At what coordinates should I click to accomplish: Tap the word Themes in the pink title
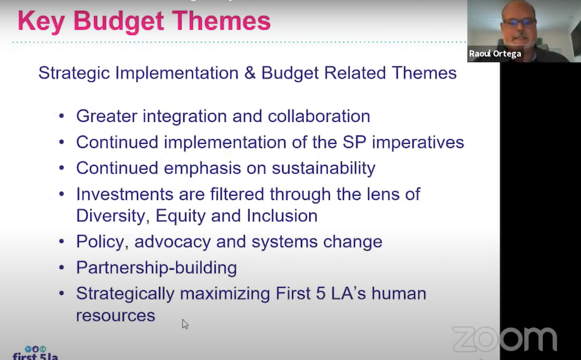(221, 21)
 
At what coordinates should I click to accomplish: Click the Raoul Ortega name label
(495, 54)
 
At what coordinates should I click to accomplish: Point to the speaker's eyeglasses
(519, 23)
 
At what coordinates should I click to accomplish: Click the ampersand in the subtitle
(250, 73)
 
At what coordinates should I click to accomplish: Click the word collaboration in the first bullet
(319, 116)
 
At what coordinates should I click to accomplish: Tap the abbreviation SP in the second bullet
(354, 142)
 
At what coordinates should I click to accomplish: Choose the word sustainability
(323, 168)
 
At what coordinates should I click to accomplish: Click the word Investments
(125, 194)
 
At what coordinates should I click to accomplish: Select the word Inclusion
(282, 215)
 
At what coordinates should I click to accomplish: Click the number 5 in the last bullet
(320, 294)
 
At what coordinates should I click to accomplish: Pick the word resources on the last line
(116, 316)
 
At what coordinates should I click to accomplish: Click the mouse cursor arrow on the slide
(185, 324)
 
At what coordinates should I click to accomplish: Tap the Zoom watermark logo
(504, 339)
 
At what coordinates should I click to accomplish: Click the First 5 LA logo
(36, 354)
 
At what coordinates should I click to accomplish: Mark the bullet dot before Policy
(61, 242)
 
